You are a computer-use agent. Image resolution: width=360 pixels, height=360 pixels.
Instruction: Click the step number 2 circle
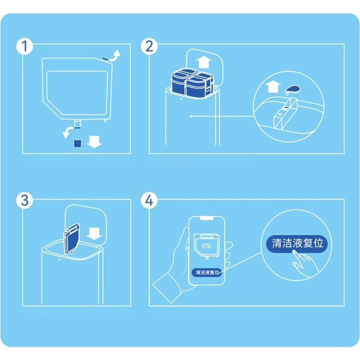tap(149, 46)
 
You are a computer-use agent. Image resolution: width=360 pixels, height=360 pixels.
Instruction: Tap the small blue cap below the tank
tap(78, 143)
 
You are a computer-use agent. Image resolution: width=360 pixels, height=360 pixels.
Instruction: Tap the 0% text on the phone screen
tap(206, 246)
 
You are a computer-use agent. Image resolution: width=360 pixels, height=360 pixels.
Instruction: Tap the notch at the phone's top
tap(207, 218)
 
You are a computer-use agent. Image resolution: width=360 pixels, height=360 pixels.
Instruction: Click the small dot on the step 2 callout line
tap(191, 116)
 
